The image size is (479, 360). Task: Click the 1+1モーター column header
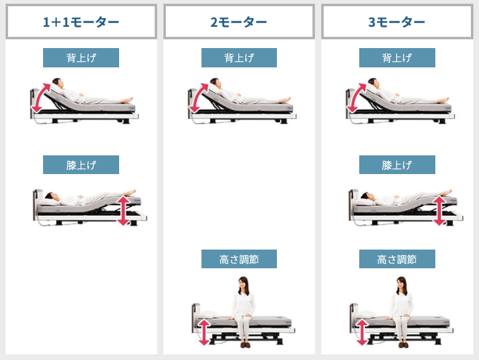[81, 22]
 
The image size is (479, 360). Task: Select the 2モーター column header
[239, 22]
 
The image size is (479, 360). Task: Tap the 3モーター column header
[397, 22]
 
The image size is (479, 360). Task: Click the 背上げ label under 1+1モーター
[81, 58]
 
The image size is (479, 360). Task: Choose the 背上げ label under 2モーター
[239, 58]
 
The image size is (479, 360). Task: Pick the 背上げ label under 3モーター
[397, 58]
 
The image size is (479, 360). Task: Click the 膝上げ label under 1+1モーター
[81, 165]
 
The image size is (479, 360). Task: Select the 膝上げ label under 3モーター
[397, 165]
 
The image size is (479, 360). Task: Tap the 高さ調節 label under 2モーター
[239, 259]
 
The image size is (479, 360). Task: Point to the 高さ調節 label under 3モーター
[397, 259]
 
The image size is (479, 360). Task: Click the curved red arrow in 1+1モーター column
[40, 97]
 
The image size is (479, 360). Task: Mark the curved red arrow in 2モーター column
[198, 97]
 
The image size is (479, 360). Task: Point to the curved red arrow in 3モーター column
[356, 97]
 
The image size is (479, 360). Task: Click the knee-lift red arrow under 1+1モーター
[123, 210]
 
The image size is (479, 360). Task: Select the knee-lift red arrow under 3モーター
[439, 210]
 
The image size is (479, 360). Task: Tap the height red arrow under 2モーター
[204, 331]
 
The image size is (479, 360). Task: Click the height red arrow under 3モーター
[362, 331]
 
